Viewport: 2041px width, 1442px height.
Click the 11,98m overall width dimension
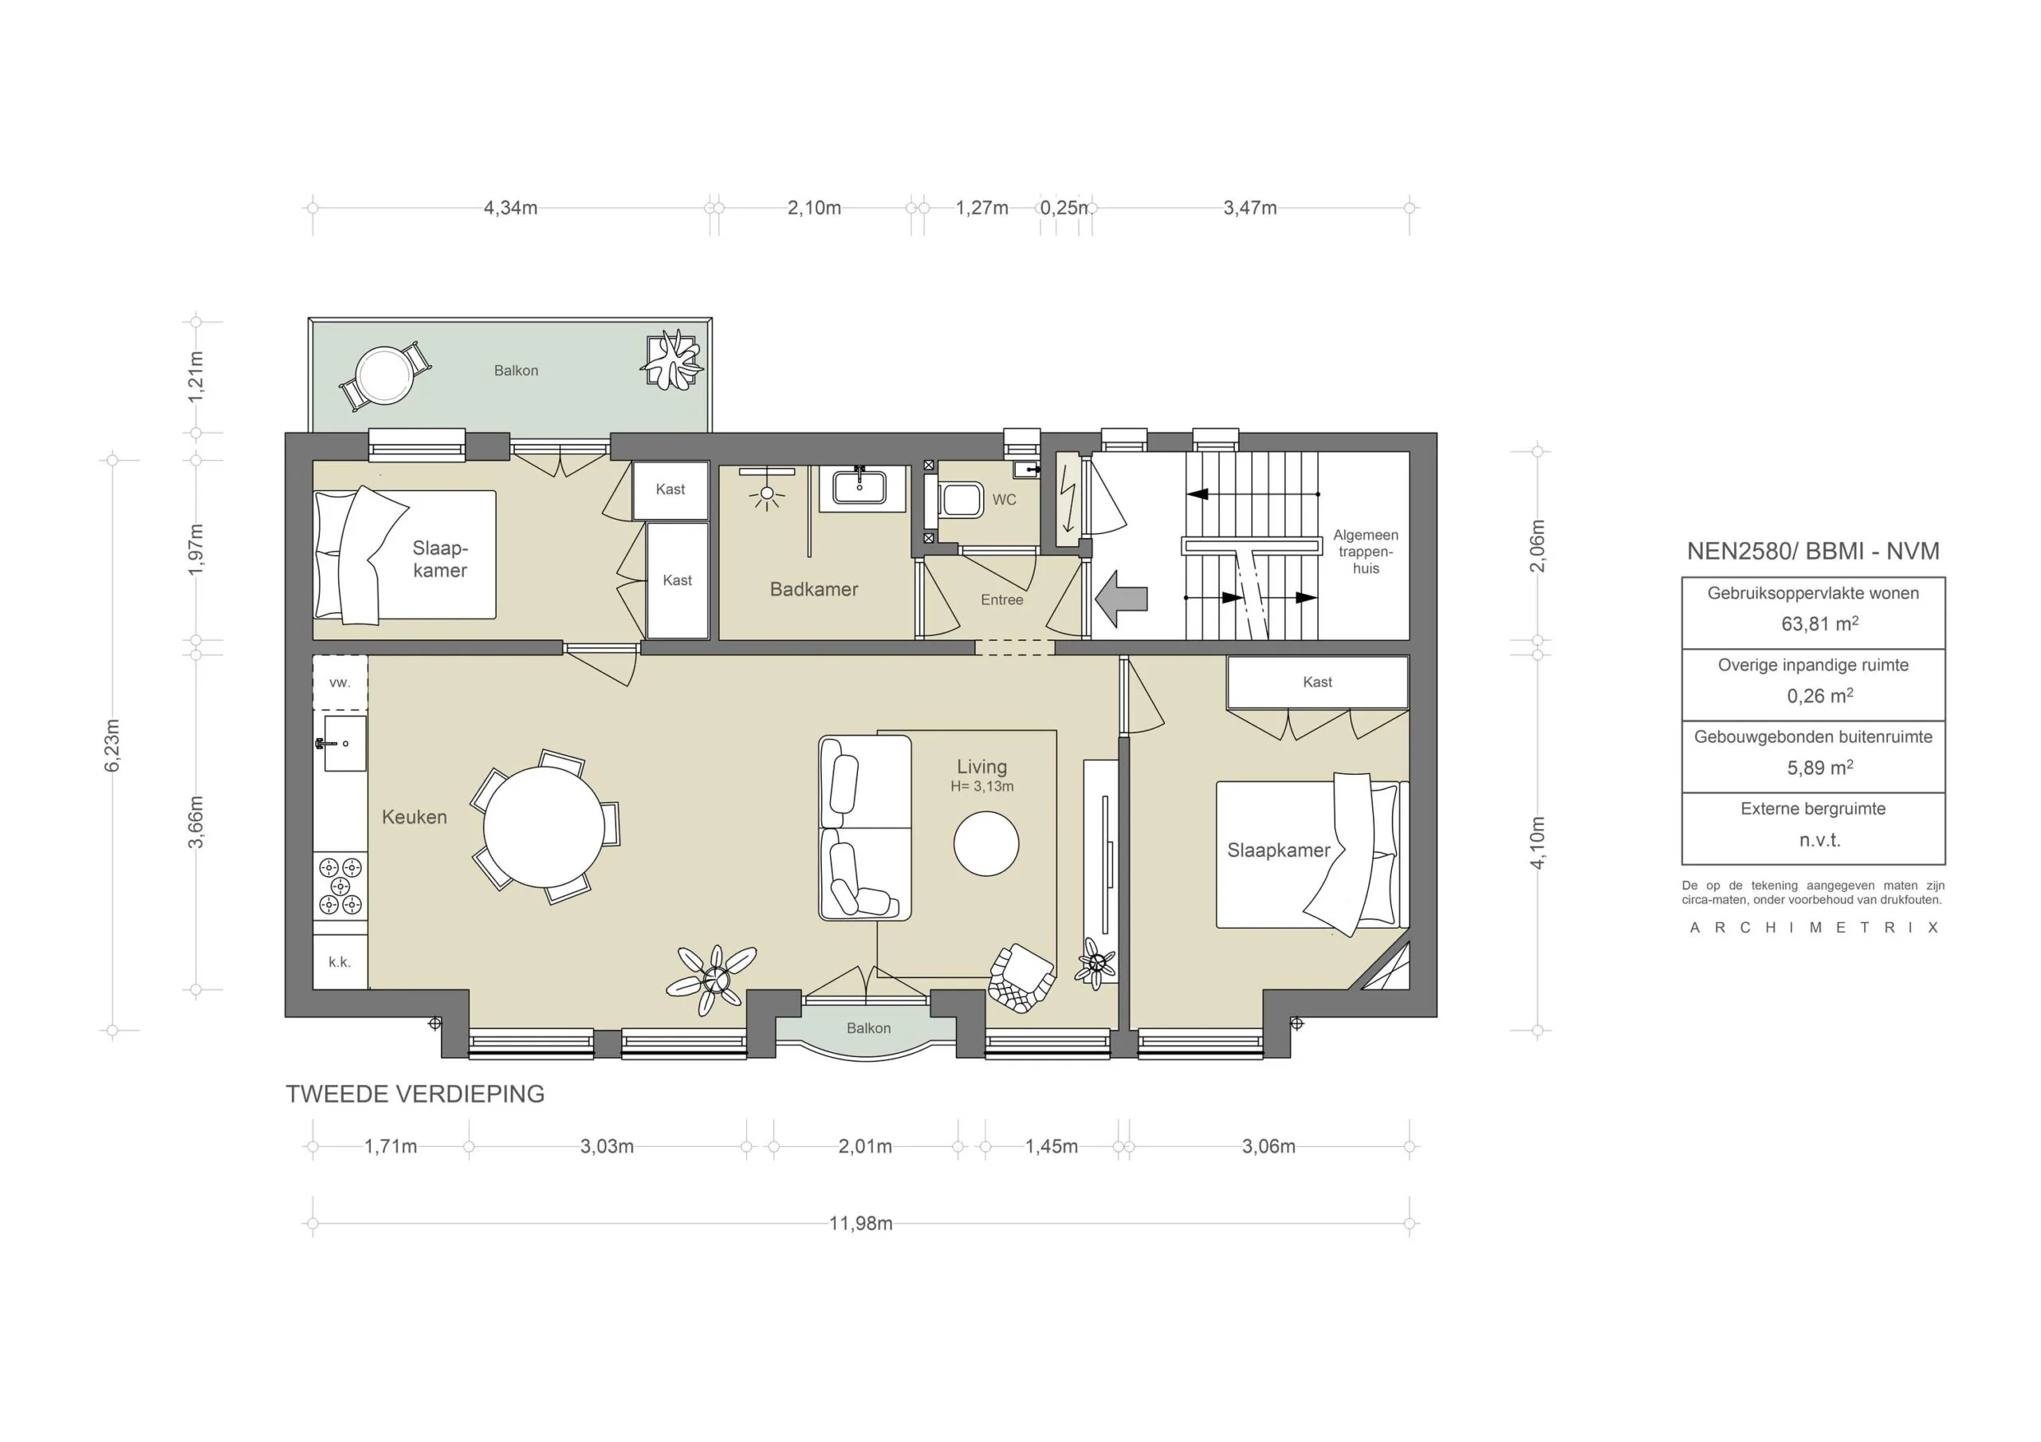[x=859, y=1224]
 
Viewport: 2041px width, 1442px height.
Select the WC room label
[x=1004, y=500]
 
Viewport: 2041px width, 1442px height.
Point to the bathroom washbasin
[x=859, y=487]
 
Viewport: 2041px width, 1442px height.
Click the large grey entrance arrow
[x=1121, y=599]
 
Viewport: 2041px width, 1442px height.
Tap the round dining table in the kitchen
[x=544, y=827]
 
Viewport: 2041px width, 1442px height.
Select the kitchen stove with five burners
[x=340, y=886]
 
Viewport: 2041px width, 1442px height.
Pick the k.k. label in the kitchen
[x=340, y=962]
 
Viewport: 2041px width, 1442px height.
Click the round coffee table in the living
[x=986, y=843]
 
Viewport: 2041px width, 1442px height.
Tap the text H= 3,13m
[x=981, y=786]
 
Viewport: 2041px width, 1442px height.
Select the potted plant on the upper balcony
[x=672, y=360]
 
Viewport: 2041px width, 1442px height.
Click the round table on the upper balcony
[x=383, y=375]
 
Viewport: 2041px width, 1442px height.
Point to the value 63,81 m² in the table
[x=1819, y=624]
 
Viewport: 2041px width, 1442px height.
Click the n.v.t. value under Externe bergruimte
[x=1819, y=840]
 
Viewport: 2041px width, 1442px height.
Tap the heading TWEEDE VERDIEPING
[x=415, y=1094]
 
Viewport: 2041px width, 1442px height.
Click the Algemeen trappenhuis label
[x=1366, y=551]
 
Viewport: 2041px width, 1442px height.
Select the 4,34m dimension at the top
[x=510, y=208]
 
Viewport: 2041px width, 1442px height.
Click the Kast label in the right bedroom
[x=1316, y=682]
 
